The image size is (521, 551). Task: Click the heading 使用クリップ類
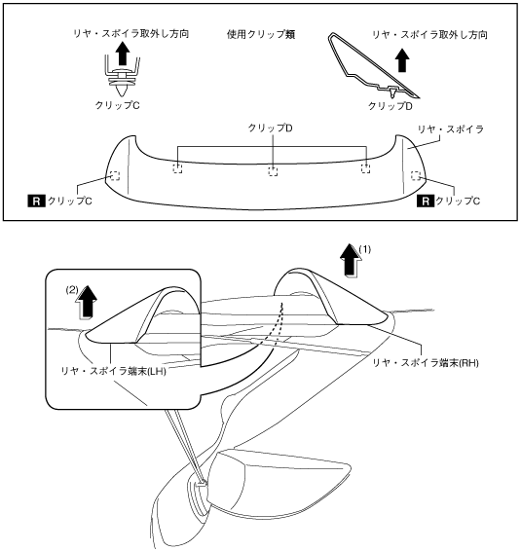261,34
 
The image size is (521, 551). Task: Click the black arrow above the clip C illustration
123,54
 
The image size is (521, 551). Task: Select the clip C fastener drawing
123,80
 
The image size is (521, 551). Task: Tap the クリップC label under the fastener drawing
118,105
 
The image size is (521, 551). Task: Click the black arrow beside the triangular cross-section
402,59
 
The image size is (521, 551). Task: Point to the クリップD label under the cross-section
390,106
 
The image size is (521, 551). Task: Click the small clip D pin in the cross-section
392,92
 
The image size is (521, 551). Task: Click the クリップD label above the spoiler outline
270,128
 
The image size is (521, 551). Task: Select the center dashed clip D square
273,171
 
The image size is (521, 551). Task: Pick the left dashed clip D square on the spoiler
177,168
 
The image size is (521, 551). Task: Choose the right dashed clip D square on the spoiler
365,168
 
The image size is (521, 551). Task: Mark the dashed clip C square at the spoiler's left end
115,175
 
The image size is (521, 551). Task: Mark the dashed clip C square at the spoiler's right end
416,175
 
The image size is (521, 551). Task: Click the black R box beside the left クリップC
36,202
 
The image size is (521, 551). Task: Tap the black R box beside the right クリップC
425,202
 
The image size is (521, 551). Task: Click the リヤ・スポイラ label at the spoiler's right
451,129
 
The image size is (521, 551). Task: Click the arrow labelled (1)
351,260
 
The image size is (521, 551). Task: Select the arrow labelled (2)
86,302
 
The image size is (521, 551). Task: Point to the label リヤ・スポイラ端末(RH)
426,363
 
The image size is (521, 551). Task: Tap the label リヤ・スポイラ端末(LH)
113,371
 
